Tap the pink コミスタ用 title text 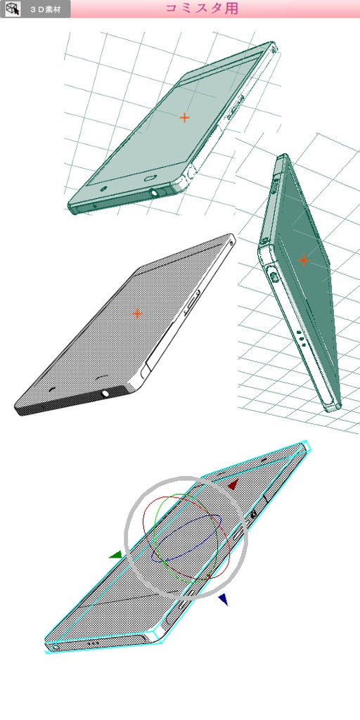201,8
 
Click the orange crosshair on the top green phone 184,117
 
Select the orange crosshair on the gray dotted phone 137,313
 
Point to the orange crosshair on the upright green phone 303,260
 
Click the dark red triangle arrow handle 233,484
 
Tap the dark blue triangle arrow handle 223,599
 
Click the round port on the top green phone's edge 154,191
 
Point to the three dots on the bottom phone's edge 92,643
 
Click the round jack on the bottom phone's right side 253,515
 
